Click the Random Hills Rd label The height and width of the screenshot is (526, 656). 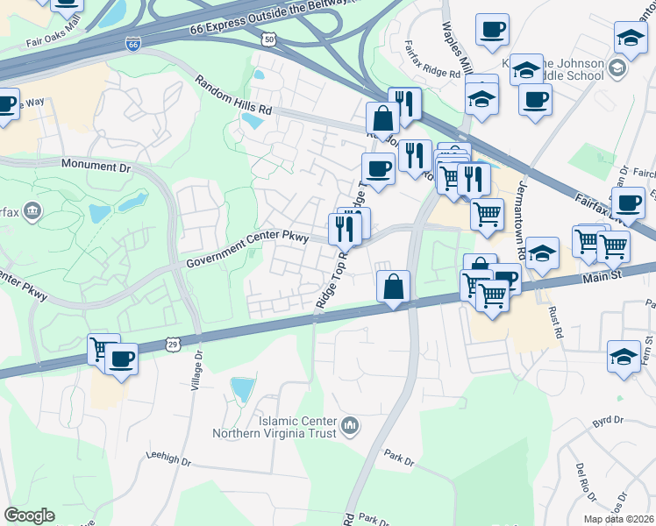pyautogui.click(x=234, y=96)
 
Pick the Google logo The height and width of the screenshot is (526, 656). pyautogui.click(x=29, y=515)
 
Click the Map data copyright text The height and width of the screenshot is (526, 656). pyautogui.click(x=615, y=518)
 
